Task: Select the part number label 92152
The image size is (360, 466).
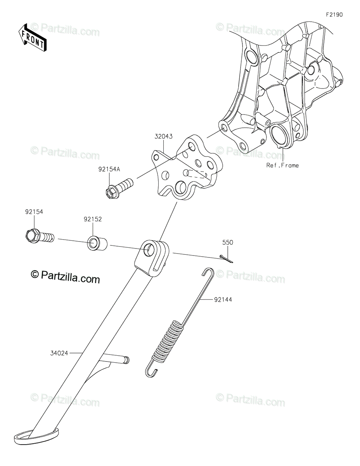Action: click(x=92, y=219)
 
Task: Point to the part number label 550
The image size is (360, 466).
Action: click(x=228, y=242)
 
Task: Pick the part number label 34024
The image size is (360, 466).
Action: click(x=59, y=353)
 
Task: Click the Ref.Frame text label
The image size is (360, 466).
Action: click(x=282, y=165)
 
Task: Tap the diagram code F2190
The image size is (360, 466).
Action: click(x=334, y=15)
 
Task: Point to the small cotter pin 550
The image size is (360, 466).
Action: click(x=225, y=259)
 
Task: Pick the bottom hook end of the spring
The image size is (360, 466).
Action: click(x=152, y=371)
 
